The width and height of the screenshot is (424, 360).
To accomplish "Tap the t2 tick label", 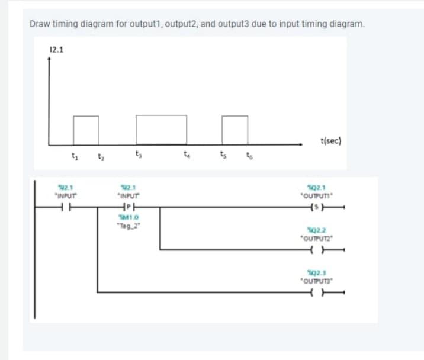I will point(100,157).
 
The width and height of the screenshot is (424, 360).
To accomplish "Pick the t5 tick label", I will point(222,157).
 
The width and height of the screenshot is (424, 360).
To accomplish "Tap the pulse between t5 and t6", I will point(235,129).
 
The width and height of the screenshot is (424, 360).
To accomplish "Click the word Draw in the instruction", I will point(39,24).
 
